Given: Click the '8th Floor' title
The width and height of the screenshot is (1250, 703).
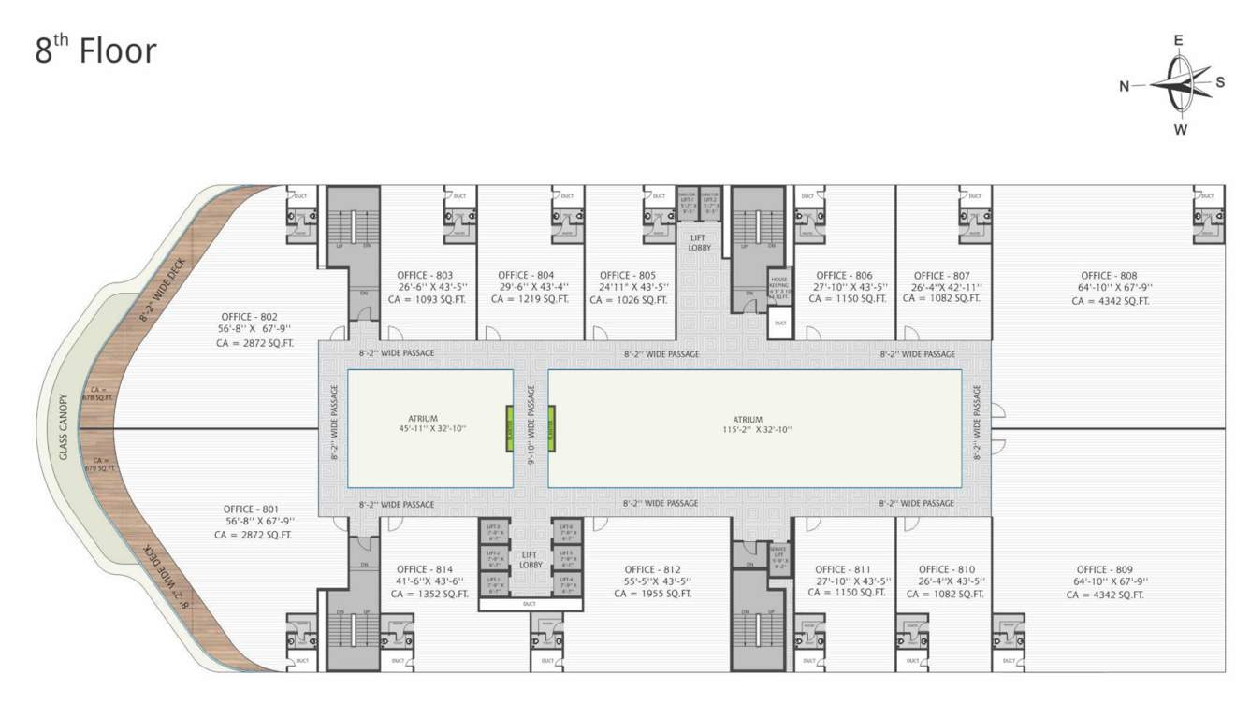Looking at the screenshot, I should pos(95,50).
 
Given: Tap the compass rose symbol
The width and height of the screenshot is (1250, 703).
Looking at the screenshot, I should pos(1181,84).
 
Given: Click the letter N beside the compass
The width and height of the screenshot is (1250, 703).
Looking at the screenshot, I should pos(1125,86).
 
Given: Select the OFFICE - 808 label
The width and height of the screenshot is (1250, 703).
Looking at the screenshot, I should pos(1109,276).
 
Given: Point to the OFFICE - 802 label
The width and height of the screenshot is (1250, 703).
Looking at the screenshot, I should pos(249,317).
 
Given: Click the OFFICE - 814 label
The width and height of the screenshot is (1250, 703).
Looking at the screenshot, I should pos(425,568).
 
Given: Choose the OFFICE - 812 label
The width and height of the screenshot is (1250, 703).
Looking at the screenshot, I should pos(653,569).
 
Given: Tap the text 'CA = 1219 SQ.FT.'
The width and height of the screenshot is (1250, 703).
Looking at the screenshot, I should pos(530,299).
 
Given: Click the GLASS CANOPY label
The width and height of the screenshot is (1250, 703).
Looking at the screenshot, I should pos(65,426).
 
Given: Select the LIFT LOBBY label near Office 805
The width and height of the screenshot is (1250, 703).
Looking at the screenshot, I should pos(699,243).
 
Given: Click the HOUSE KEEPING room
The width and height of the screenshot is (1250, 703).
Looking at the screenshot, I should pos(780,289).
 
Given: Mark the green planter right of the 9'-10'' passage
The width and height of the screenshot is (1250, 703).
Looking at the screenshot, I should pos(552,428).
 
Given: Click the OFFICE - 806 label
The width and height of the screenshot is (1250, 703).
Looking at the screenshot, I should pos(844,276).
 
